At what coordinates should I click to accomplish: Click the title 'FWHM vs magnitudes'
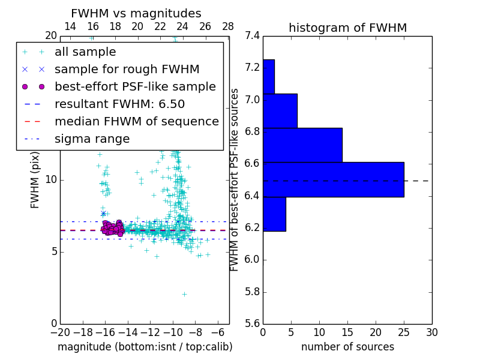(x=136, y=13)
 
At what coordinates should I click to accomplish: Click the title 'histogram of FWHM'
(x=347, y=28)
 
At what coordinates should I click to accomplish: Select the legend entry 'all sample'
(x=85, y=52)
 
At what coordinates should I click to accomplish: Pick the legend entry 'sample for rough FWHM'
(x=127, y=70)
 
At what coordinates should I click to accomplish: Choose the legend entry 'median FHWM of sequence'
(x=136, y=122)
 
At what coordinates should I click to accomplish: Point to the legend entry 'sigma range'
(x=92, y=139)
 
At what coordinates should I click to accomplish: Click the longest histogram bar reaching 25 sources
(x=333, y=179)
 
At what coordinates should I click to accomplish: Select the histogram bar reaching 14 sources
(x=302, y=145)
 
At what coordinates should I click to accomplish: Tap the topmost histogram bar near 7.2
(x=268, y=76)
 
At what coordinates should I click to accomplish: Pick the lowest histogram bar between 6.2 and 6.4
(x=274, y=214)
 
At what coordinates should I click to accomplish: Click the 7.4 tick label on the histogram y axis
(x=253, y=35)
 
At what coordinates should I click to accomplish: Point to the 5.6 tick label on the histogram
(x=253, y=324)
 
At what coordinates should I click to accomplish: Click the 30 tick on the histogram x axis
(x=431, y=332)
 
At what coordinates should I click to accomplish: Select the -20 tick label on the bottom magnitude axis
(x=60, y=332)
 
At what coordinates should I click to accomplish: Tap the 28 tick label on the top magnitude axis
(x=228, y=26)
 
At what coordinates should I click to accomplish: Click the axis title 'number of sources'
(x=347, y=347)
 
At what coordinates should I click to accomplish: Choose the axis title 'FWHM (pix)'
(x=35, y=179)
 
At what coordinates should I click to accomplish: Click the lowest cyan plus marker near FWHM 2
(x=184, y=294)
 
